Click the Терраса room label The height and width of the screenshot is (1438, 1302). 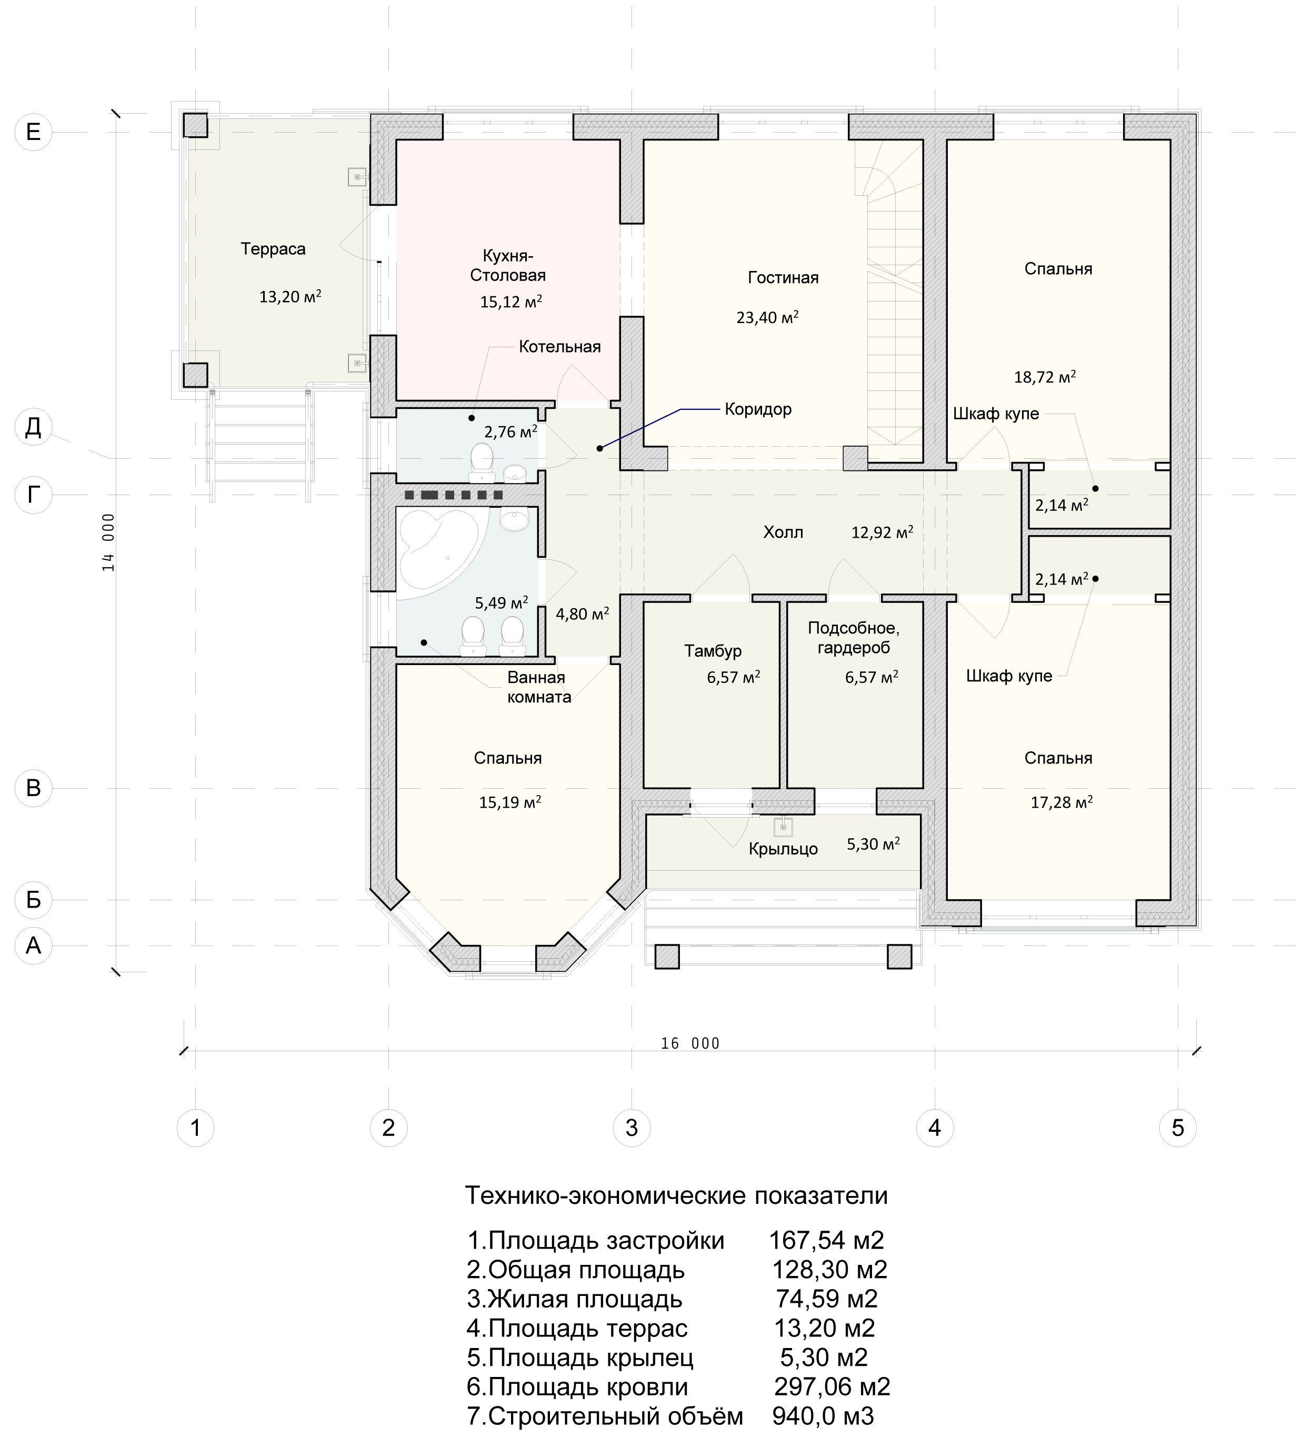[273, 249]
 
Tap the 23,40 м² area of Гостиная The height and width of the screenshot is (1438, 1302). [767, 317]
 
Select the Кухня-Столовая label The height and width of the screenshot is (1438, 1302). [507, 265]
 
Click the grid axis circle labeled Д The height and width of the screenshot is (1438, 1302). [34, 427]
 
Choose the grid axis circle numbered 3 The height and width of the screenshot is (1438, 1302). [632, 1128]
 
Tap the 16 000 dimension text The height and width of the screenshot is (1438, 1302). [690, 1043]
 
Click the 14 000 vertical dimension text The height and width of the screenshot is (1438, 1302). [108, 542]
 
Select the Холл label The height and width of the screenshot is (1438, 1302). [783, 532]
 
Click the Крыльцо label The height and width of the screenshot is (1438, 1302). [783, 849]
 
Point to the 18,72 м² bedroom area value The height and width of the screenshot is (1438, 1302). [1045, 377]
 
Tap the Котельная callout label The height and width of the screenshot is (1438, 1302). [559, 347]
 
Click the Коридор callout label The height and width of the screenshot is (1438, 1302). [758, 409]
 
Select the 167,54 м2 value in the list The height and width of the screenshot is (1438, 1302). [826, 1240]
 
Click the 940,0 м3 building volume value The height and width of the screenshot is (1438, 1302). [823, 1416]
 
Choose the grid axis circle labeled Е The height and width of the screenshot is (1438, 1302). [34, 132]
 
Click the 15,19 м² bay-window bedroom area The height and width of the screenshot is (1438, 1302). [509, 802]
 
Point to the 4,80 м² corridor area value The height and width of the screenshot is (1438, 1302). [582, 614]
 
